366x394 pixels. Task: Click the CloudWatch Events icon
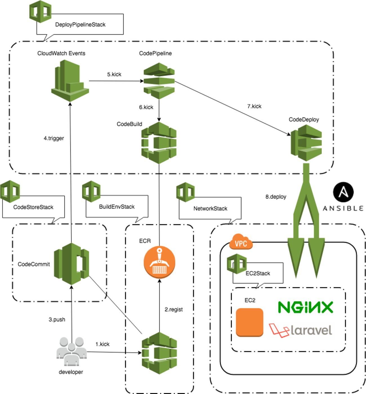click(70, 80)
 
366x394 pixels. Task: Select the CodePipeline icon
click(159, 81)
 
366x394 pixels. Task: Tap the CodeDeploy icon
click(306, 143)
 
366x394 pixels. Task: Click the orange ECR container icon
click(159, 262)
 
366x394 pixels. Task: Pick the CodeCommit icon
click(72, 264)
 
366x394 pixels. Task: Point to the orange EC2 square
click(249, 322)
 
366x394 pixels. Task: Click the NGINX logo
click(305, 307)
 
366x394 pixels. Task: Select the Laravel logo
click(300, 330)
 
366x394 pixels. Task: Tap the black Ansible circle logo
click(343, 192)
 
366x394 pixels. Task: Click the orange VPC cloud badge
click(241, 242)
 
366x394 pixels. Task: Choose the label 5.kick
click(114, 74)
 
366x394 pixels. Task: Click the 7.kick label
click(254, 106)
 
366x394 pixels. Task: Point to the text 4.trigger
click(54, 138)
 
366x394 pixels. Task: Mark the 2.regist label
click(173, 310)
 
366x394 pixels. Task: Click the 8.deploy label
click(276, 197)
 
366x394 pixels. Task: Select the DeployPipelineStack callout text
click(80, 25)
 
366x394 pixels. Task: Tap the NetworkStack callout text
click(210, 208)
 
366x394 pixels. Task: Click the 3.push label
click(57, 319)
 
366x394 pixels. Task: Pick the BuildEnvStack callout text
click(117, 207)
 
